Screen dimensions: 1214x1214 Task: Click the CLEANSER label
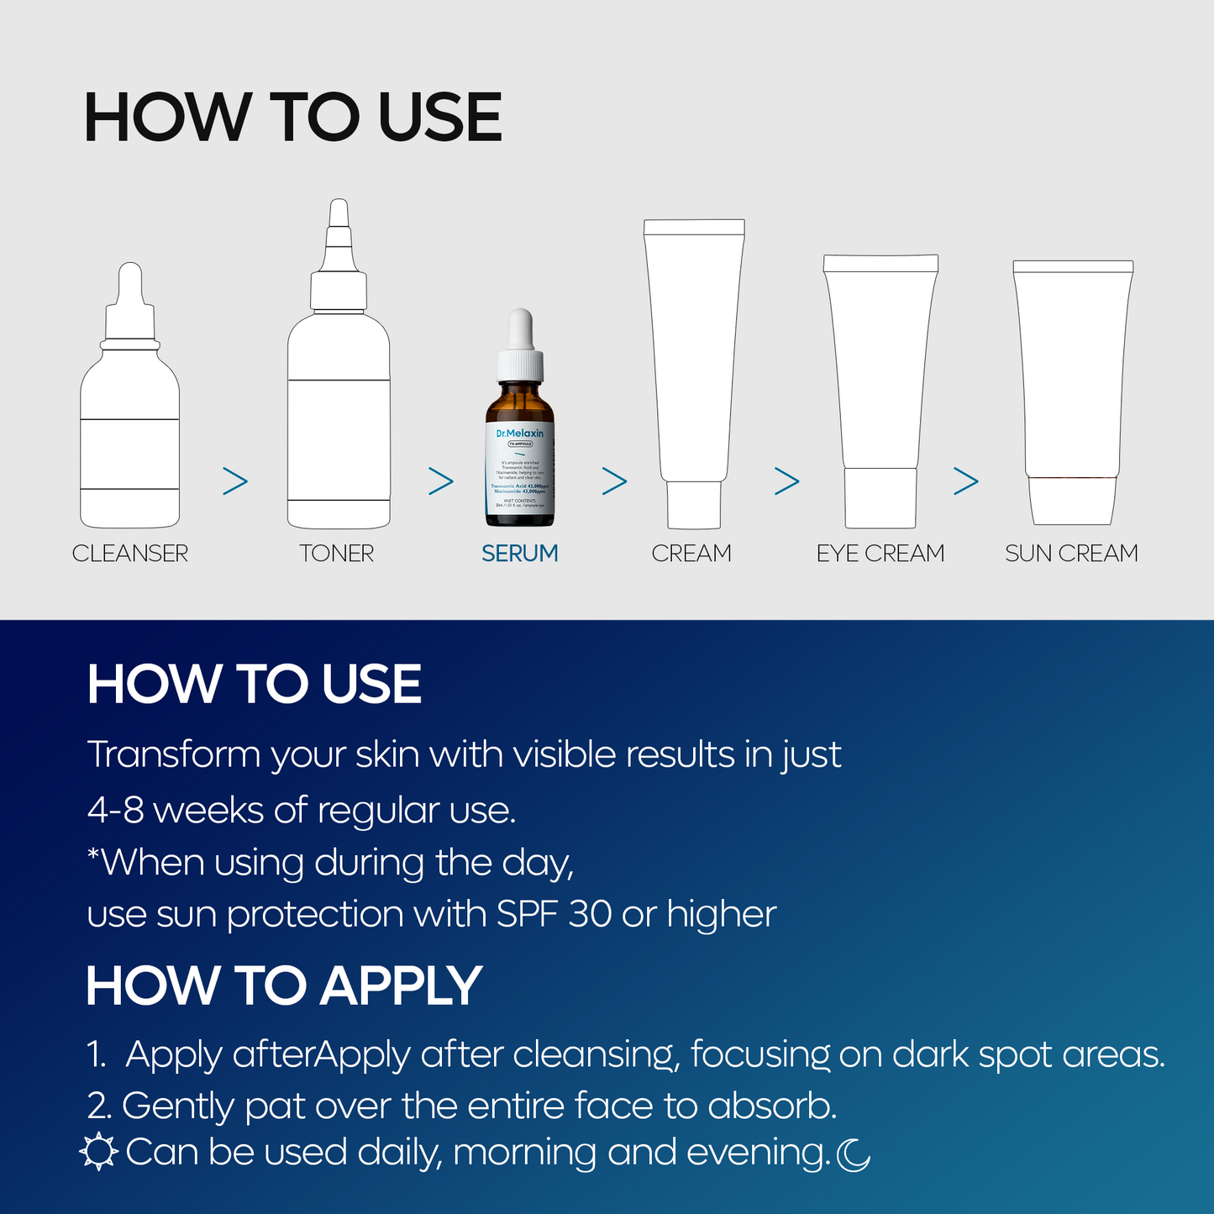pos(130,554)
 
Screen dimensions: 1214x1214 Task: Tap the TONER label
pos(337,554)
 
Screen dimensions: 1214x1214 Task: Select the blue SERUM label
pos(519,554)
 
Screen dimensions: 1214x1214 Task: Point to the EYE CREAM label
pos(880,554)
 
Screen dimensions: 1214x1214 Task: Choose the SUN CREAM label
pos(1071,554)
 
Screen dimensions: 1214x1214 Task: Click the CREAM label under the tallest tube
pos(691,554)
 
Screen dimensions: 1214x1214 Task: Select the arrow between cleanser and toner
pos(235,481)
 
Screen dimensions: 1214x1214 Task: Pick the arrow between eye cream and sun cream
pos(966,481)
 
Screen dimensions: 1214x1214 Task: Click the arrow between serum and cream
pos(615,481)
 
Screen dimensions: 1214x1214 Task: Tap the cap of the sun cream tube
pos(1073,501)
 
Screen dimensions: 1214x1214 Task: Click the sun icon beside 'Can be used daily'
pos(98,1152)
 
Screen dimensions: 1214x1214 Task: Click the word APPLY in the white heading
pos(401,985)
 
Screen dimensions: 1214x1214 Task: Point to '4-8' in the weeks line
pos(116,811)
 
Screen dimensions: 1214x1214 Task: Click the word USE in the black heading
pos(440,118)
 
